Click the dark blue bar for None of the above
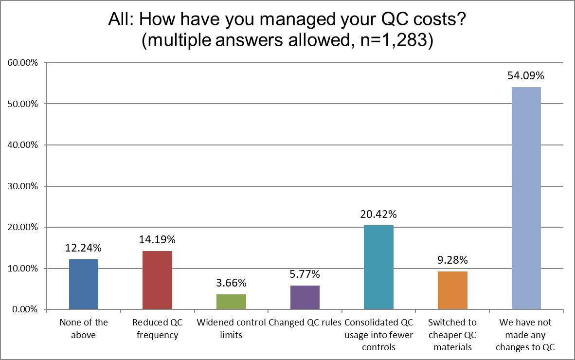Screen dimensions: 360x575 tap(84, 284)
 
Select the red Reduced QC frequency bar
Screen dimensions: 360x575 tap(157, 280)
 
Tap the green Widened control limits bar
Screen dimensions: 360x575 tap(231, 302)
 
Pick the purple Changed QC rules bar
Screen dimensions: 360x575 tap(305, 297)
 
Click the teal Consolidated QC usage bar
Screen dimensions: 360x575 tap(378, 267)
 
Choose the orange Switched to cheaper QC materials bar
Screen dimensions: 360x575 tap(452, 290)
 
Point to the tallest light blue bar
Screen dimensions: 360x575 tap(526, 198)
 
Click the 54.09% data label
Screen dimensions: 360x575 tap(526, 76)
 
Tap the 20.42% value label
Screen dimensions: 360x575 tap(378, 215)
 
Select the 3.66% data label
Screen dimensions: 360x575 tap(231, 283)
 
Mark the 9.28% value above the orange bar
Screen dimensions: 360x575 tap(452, 260)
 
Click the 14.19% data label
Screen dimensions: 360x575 tap(157, 240)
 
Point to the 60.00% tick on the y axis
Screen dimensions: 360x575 tap(24, 63)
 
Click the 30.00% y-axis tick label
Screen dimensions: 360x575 tap(24, 186)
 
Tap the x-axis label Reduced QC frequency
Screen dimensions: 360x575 tap(157, 328)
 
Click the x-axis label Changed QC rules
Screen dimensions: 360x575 tap(305, 323)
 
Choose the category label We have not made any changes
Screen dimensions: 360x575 tap(526, 335)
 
